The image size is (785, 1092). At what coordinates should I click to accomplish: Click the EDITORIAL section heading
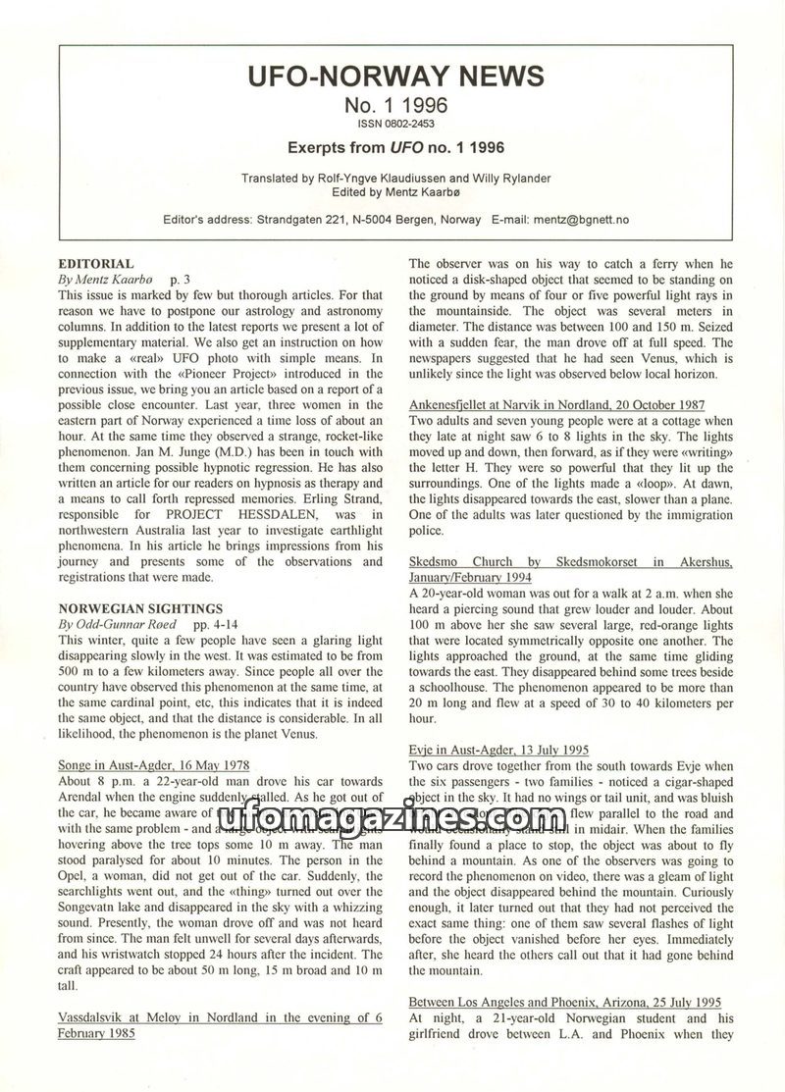click(x=95, y=265)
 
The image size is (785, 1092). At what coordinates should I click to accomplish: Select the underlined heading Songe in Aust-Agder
click(x=154, y=764)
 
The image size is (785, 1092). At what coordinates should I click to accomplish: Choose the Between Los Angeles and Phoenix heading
click(x=564, y=1002)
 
